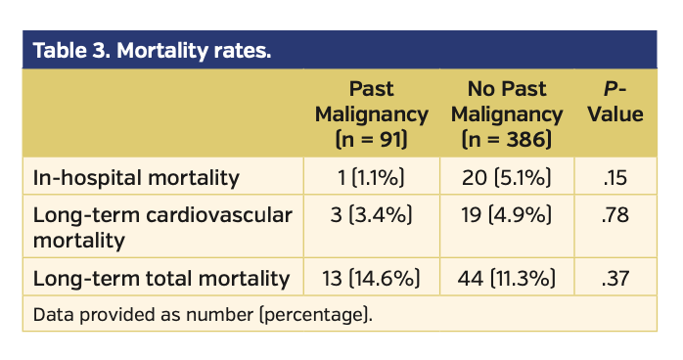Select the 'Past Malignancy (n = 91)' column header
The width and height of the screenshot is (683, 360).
click(371, 113)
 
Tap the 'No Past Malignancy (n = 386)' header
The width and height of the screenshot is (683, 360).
click(507, 113)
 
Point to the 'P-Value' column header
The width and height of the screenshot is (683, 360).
click(616, 102)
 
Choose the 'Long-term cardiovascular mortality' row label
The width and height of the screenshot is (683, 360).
click(162, 227)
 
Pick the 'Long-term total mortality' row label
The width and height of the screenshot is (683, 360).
click(161, 279)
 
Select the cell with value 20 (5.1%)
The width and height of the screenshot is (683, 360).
click(507, 177)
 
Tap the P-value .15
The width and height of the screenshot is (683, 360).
click(616, 177)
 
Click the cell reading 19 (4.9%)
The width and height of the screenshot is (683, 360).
click(507, 215)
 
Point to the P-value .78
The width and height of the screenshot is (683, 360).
click(616, 215)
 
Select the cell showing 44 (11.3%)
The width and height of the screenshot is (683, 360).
click(507, 279)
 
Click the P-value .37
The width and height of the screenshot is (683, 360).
click(616, 279)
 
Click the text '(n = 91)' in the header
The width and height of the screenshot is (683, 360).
click(371, 138)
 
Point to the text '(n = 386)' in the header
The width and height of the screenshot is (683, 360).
click(507, 138)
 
